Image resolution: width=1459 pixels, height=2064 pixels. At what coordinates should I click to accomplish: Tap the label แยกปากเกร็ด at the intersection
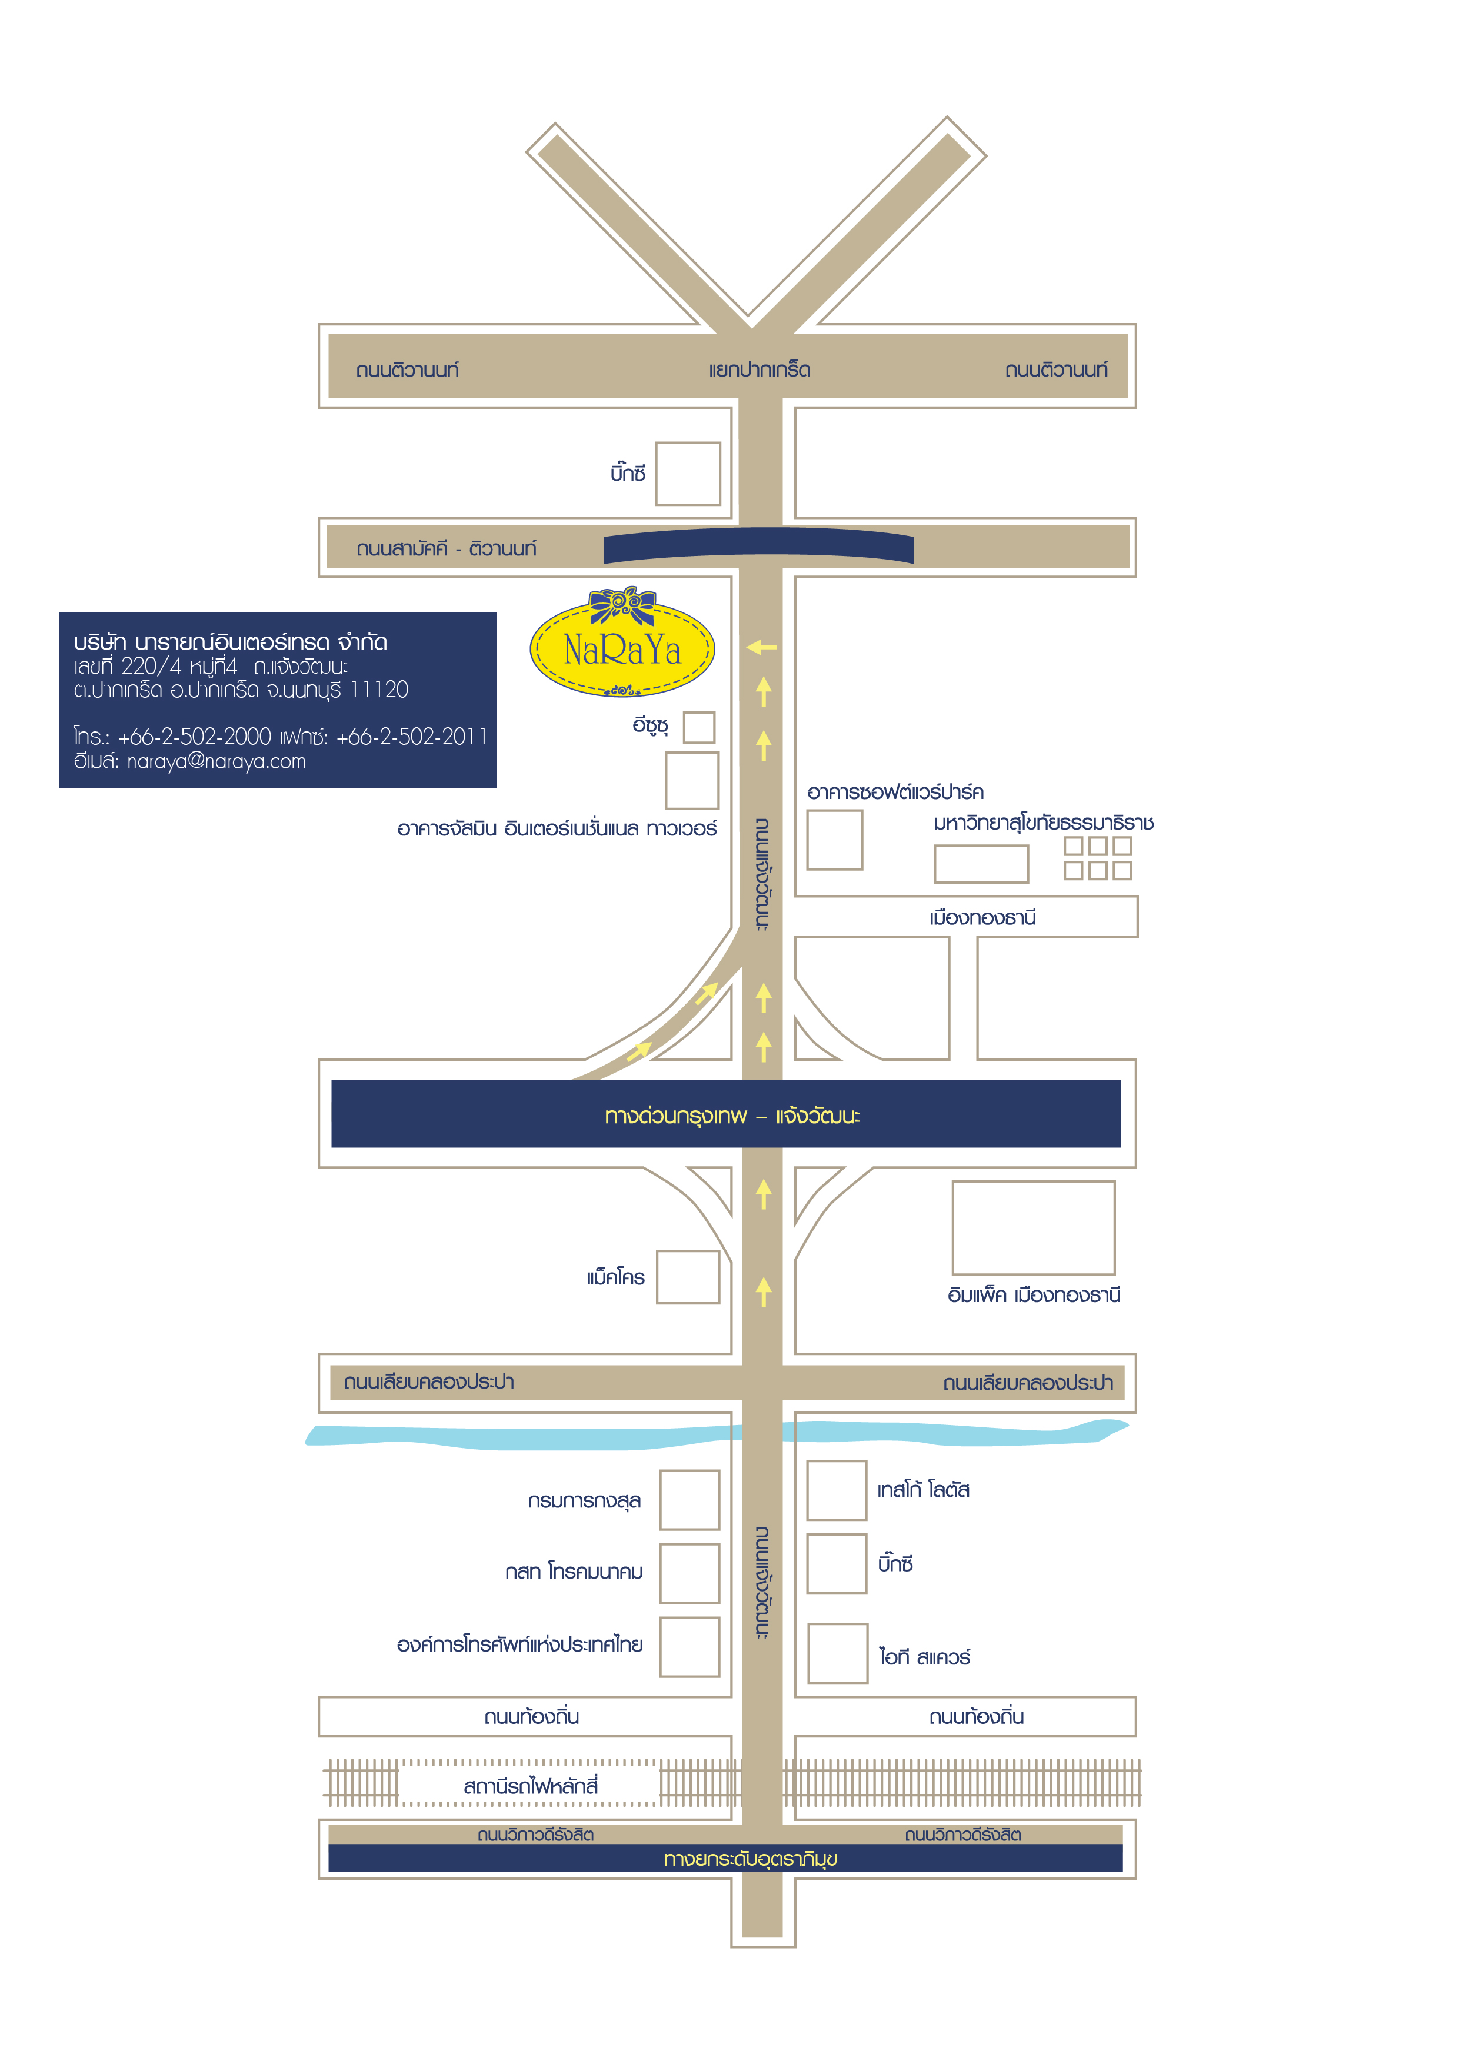tap(760, 369)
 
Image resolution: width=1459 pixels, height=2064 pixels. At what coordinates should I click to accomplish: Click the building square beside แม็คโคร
tap(688, 1277)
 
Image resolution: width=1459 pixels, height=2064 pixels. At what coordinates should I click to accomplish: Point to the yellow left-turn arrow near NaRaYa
tap(761, 647)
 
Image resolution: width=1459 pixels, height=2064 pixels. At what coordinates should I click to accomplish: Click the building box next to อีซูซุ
tap(698, 727)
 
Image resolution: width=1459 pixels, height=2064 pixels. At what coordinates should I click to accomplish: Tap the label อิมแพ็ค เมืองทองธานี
tap(1034, 1296)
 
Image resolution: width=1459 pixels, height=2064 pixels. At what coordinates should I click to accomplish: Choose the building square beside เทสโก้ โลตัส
tap(836, 1490)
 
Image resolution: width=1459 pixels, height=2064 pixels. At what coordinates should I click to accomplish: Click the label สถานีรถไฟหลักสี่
tap(531, 1786)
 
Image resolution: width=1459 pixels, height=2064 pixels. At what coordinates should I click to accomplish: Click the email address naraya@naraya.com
tap(216, 761)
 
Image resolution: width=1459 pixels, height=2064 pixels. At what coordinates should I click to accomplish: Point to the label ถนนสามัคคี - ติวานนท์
tap(446, 548)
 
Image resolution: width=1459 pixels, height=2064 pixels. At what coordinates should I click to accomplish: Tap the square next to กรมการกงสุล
tap(689, 1499)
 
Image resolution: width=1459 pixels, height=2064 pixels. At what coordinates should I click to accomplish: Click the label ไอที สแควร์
tap(924, 1657)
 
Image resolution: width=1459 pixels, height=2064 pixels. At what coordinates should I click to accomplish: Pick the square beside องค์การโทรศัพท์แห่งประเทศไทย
tap(689, 1647)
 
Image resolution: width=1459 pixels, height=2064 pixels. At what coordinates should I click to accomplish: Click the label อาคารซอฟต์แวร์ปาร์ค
tap(895, 792)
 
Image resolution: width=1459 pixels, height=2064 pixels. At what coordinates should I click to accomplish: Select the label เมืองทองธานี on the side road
tap(982, 918)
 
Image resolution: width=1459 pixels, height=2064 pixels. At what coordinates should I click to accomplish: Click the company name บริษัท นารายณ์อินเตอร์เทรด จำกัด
tap(230, 642)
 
